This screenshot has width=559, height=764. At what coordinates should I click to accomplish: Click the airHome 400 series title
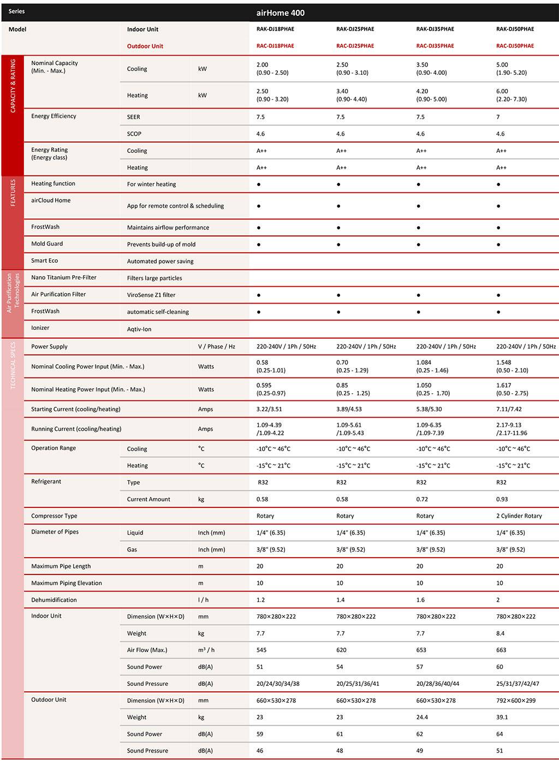tap(281, 13)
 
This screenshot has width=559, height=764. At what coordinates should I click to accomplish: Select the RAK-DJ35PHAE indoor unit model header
tap(435, 29)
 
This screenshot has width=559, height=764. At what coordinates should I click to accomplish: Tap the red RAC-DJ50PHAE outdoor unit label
tap(515, 46)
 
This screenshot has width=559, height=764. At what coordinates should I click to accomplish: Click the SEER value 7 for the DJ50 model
tap(498, 117)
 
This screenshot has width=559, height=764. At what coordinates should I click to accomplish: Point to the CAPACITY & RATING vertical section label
tap(13, 86)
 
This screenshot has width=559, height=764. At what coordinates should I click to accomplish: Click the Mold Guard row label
tap(47, 244)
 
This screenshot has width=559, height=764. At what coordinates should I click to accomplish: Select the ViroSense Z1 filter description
tap(151, 295)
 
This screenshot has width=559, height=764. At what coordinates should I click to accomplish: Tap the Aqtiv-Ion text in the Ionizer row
tap(139, 329)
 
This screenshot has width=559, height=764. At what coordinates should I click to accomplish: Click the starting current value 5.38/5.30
tap(429, 409)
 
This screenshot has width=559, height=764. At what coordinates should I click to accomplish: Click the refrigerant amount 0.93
tap(502, 499)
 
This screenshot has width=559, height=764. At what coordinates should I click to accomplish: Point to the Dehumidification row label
tap(54, 600)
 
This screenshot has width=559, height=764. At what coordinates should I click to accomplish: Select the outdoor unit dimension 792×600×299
tap(516, 700)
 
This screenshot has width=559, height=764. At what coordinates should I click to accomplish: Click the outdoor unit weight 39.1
tap(502, 717)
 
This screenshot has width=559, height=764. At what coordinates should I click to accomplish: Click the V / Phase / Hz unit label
tap(216, 346)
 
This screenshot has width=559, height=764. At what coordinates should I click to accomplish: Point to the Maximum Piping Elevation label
tap(67, 583)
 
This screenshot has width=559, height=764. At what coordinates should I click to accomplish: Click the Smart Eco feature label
tap(44, 260)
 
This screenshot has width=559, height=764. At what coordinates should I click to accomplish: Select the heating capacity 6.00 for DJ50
tap(502, 91)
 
